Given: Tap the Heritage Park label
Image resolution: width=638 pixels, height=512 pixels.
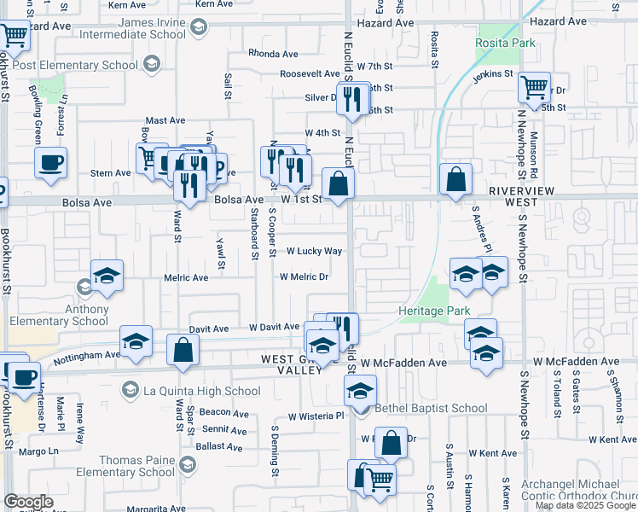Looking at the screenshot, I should click(x=434, y=311).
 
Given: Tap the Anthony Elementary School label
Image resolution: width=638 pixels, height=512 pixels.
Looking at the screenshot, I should click(x=60, y=315).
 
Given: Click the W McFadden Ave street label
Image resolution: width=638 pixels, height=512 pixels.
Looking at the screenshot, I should click(x=403, y=363).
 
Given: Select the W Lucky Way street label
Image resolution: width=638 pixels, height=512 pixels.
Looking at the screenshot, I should click(x=314, y=252).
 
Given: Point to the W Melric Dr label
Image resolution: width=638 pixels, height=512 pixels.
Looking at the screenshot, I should click(x=304, y=277).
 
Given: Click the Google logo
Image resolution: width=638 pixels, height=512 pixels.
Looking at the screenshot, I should click(x=28, y=502).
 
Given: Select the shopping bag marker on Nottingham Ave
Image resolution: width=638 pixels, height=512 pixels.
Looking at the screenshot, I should click(x=183, y=349).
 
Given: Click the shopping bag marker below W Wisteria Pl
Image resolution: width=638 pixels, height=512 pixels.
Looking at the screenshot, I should click(x=391, y=443).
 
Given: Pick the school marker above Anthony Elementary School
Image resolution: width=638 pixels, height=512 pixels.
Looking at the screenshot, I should click(x=107, y=274).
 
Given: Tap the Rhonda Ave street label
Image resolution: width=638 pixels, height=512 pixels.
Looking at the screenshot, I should click(x=273, y=54).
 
